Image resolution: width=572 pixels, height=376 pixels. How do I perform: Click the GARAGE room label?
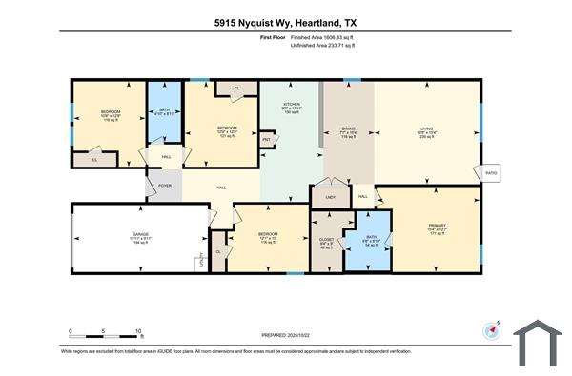point(141,238)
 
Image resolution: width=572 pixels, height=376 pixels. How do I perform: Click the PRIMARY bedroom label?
point(438,225)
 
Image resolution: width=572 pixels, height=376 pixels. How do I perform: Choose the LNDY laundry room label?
point(330,197)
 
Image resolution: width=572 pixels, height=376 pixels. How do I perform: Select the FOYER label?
point(164,187)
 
